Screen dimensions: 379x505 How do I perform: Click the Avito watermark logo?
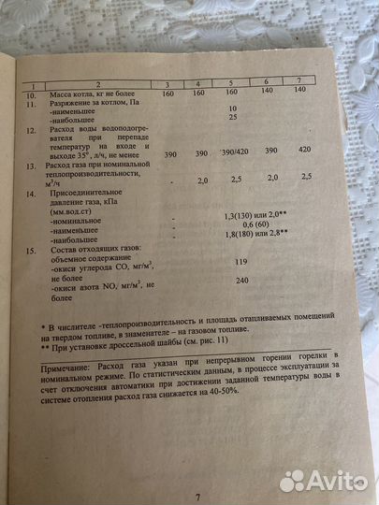click(x=322, y=480)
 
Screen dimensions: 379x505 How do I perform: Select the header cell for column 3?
click(x=168, y=85)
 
